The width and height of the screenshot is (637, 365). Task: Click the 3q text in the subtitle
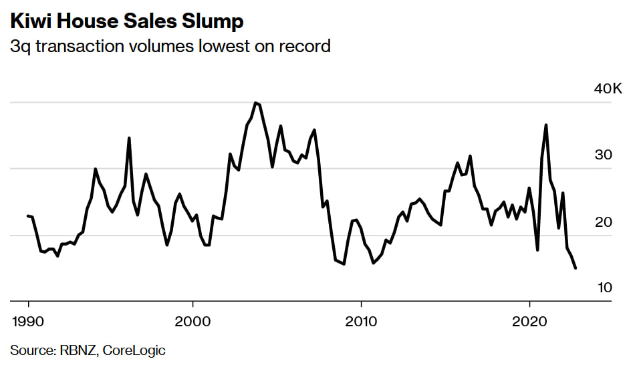(20, 47)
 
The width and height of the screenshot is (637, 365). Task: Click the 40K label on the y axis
(608, 89)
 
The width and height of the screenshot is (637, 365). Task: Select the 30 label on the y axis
(604, 155)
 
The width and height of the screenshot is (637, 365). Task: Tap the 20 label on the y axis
(604, 222)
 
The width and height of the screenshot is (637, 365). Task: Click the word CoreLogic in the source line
(134, 350)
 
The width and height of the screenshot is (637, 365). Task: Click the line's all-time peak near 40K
(255, 103)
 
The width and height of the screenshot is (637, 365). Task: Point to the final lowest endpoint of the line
(576, 268)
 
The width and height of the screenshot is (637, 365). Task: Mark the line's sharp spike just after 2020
(546, 125)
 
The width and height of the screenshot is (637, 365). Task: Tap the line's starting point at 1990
(28, 216)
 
